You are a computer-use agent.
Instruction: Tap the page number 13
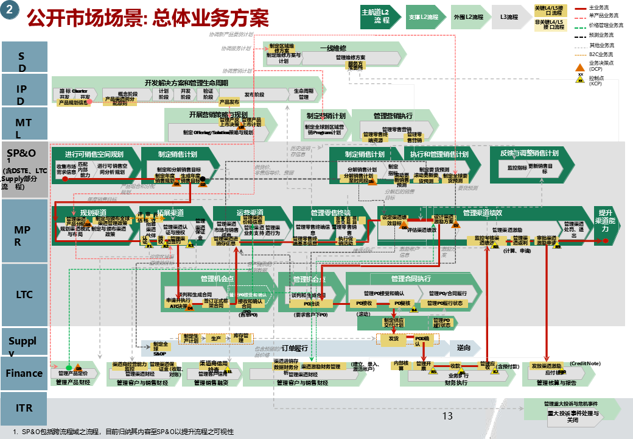pyautogui.click(x=447, y=416)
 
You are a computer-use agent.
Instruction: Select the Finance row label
pyautogui.click(x=24, y=373)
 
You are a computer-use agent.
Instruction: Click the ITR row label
pyautogui.click(x=24, y=407)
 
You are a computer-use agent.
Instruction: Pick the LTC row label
pyautogui.click(x=24, y=294)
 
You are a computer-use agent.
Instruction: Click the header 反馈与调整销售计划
pyautogui.click(x=530, y=154)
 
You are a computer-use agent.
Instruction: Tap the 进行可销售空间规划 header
pyautogui.click(x=94, y=154)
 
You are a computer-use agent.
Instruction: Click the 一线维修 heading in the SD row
pyautogui.click(x=333, y=48)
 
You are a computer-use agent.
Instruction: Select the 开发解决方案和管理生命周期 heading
pyautogui.click(x=186, y=83)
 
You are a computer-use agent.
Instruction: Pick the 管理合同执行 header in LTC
pyautogui.click(x=411, y=279)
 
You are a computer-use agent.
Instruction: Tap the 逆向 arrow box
pyautogui.click(x=464, y=348)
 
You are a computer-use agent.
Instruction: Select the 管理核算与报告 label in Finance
pyautogui.click(x=556, y=383)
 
